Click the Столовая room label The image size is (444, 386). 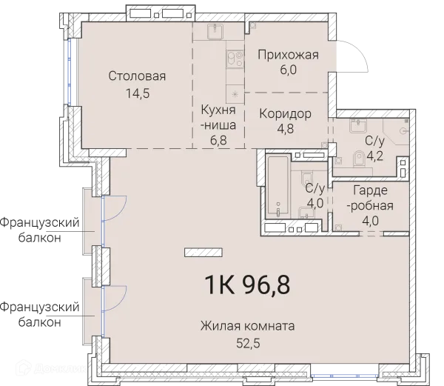click(136, 76)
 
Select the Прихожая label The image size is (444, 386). click(288, 54)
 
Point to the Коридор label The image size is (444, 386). click(284, 113)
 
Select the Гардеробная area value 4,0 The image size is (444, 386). click(368, 220)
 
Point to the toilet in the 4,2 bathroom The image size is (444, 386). click(360, 156)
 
